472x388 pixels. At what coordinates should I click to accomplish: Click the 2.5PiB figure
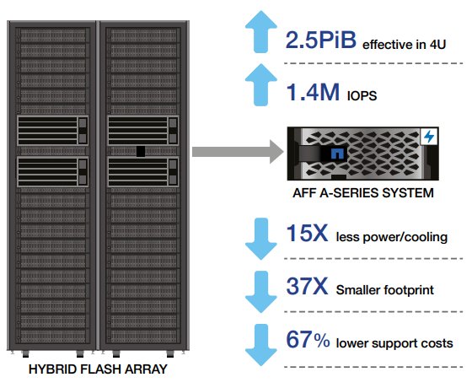[x=321, y=40]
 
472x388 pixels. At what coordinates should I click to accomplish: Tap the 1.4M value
[x=313, y=92]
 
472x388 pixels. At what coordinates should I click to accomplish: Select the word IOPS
[x=362, y=96]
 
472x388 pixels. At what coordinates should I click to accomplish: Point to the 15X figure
[x=307, y=233]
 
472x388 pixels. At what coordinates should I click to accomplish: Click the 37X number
[x=307, y=286]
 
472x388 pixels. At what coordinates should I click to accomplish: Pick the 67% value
[x=308, y=339]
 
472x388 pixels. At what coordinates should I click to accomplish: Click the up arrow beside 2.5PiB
[x=261, y=32]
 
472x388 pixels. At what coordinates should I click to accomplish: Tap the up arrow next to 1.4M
[x=261, y=84]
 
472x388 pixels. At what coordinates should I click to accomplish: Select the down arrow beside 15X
[x=261, y=239]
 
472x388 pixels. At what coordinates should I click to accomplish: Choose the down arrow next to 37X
[x=261, y=292]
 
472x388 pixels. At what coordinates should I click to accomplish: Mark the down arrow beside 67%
[x=261, y=345]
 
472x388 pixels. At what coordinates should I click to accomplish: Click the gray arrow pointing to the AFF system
[x=238, y=152]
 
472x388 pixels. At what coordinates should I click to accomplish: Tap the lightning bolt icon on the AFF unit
[x=429, y=137]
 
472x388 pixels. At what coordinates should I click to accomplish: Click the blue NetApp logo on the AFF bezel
[x=337, y=154]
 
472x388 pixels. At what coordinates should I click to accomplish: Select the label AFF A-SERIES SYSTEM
[x=363, y=193]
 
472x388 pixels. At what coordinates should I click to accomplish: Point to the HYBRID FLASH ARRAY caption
[x=98, y=369]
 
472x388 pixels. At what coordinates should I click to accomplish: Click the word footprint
[x=409, y=290]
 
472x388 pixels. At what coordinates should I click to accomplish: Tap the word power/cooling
[x=405, y=237]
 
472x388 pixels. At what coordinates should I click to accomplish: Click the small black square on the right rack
[x=141, y=151]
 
